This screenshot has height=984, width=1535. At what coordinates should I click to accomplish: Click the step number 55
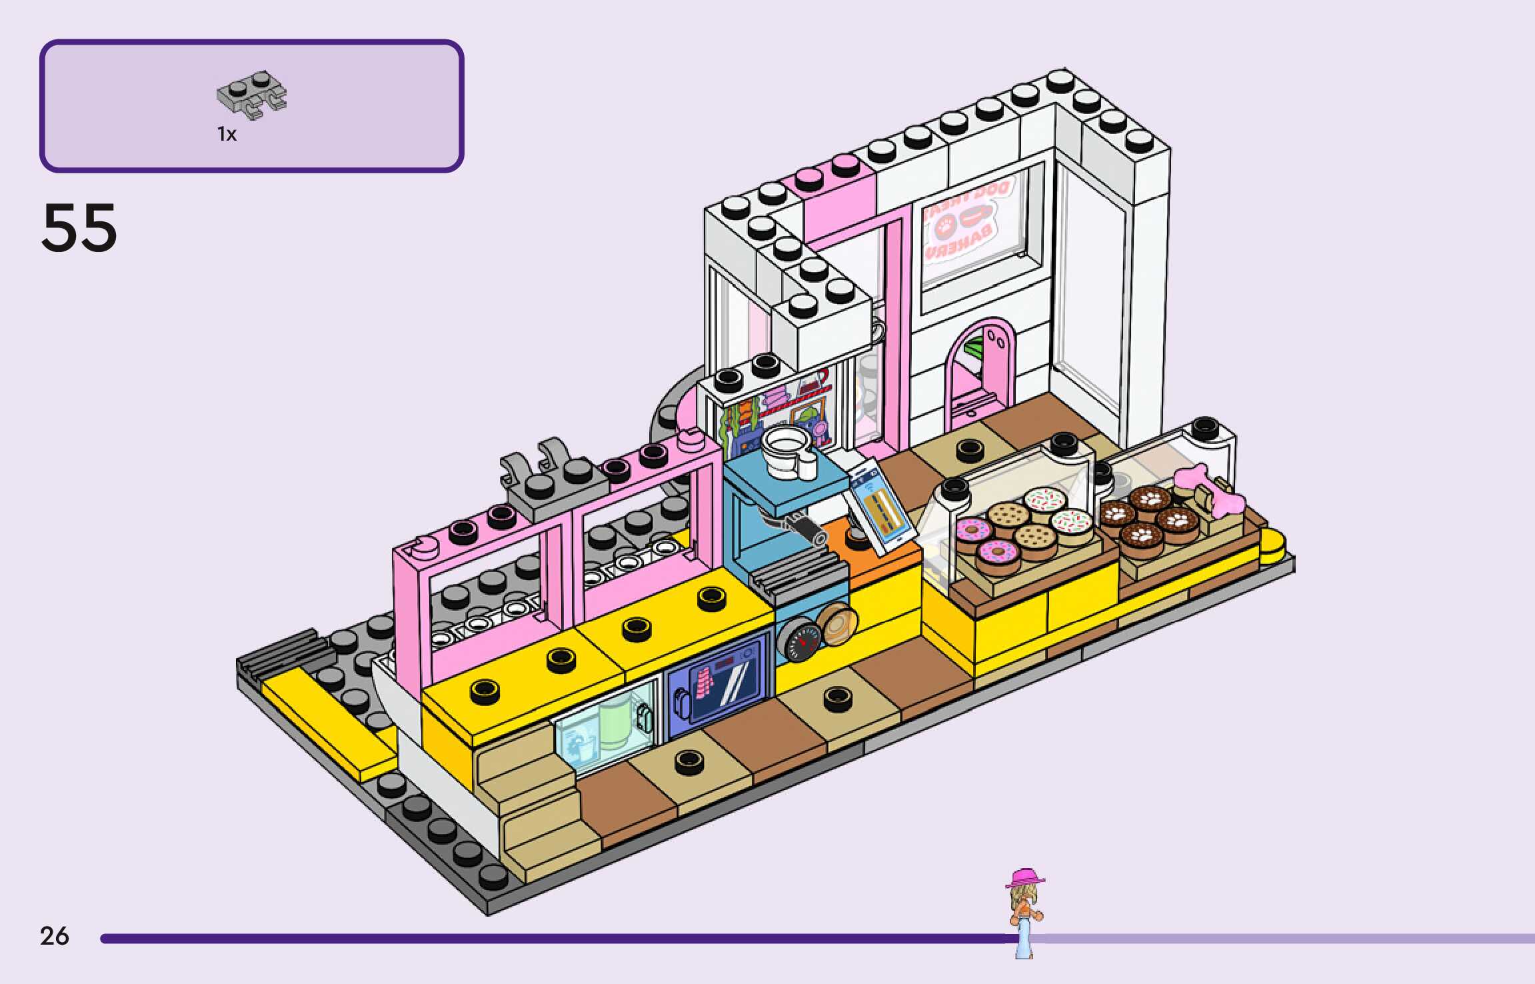coord(79,228)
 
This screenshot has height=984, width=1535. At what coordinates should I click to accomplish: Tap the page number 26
coord(54,936)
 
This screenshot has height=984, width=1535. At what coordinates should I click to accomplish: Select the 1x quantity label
coord(227,135)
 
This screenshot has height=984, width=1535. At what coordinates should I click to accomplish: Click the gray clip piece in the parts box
coord(251,96)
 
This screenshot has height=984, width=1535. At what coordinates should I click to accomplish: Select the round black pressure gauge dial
coord(799,640)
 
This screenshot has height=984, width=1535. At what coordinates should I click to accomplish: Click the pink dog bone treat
coord(1210,489)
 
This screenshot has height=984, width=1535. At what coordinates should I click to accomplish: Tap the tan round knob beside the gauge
coord(837,624)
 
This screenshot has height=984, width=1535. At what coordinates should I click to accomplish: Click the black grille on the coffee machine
coord(800,573)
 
